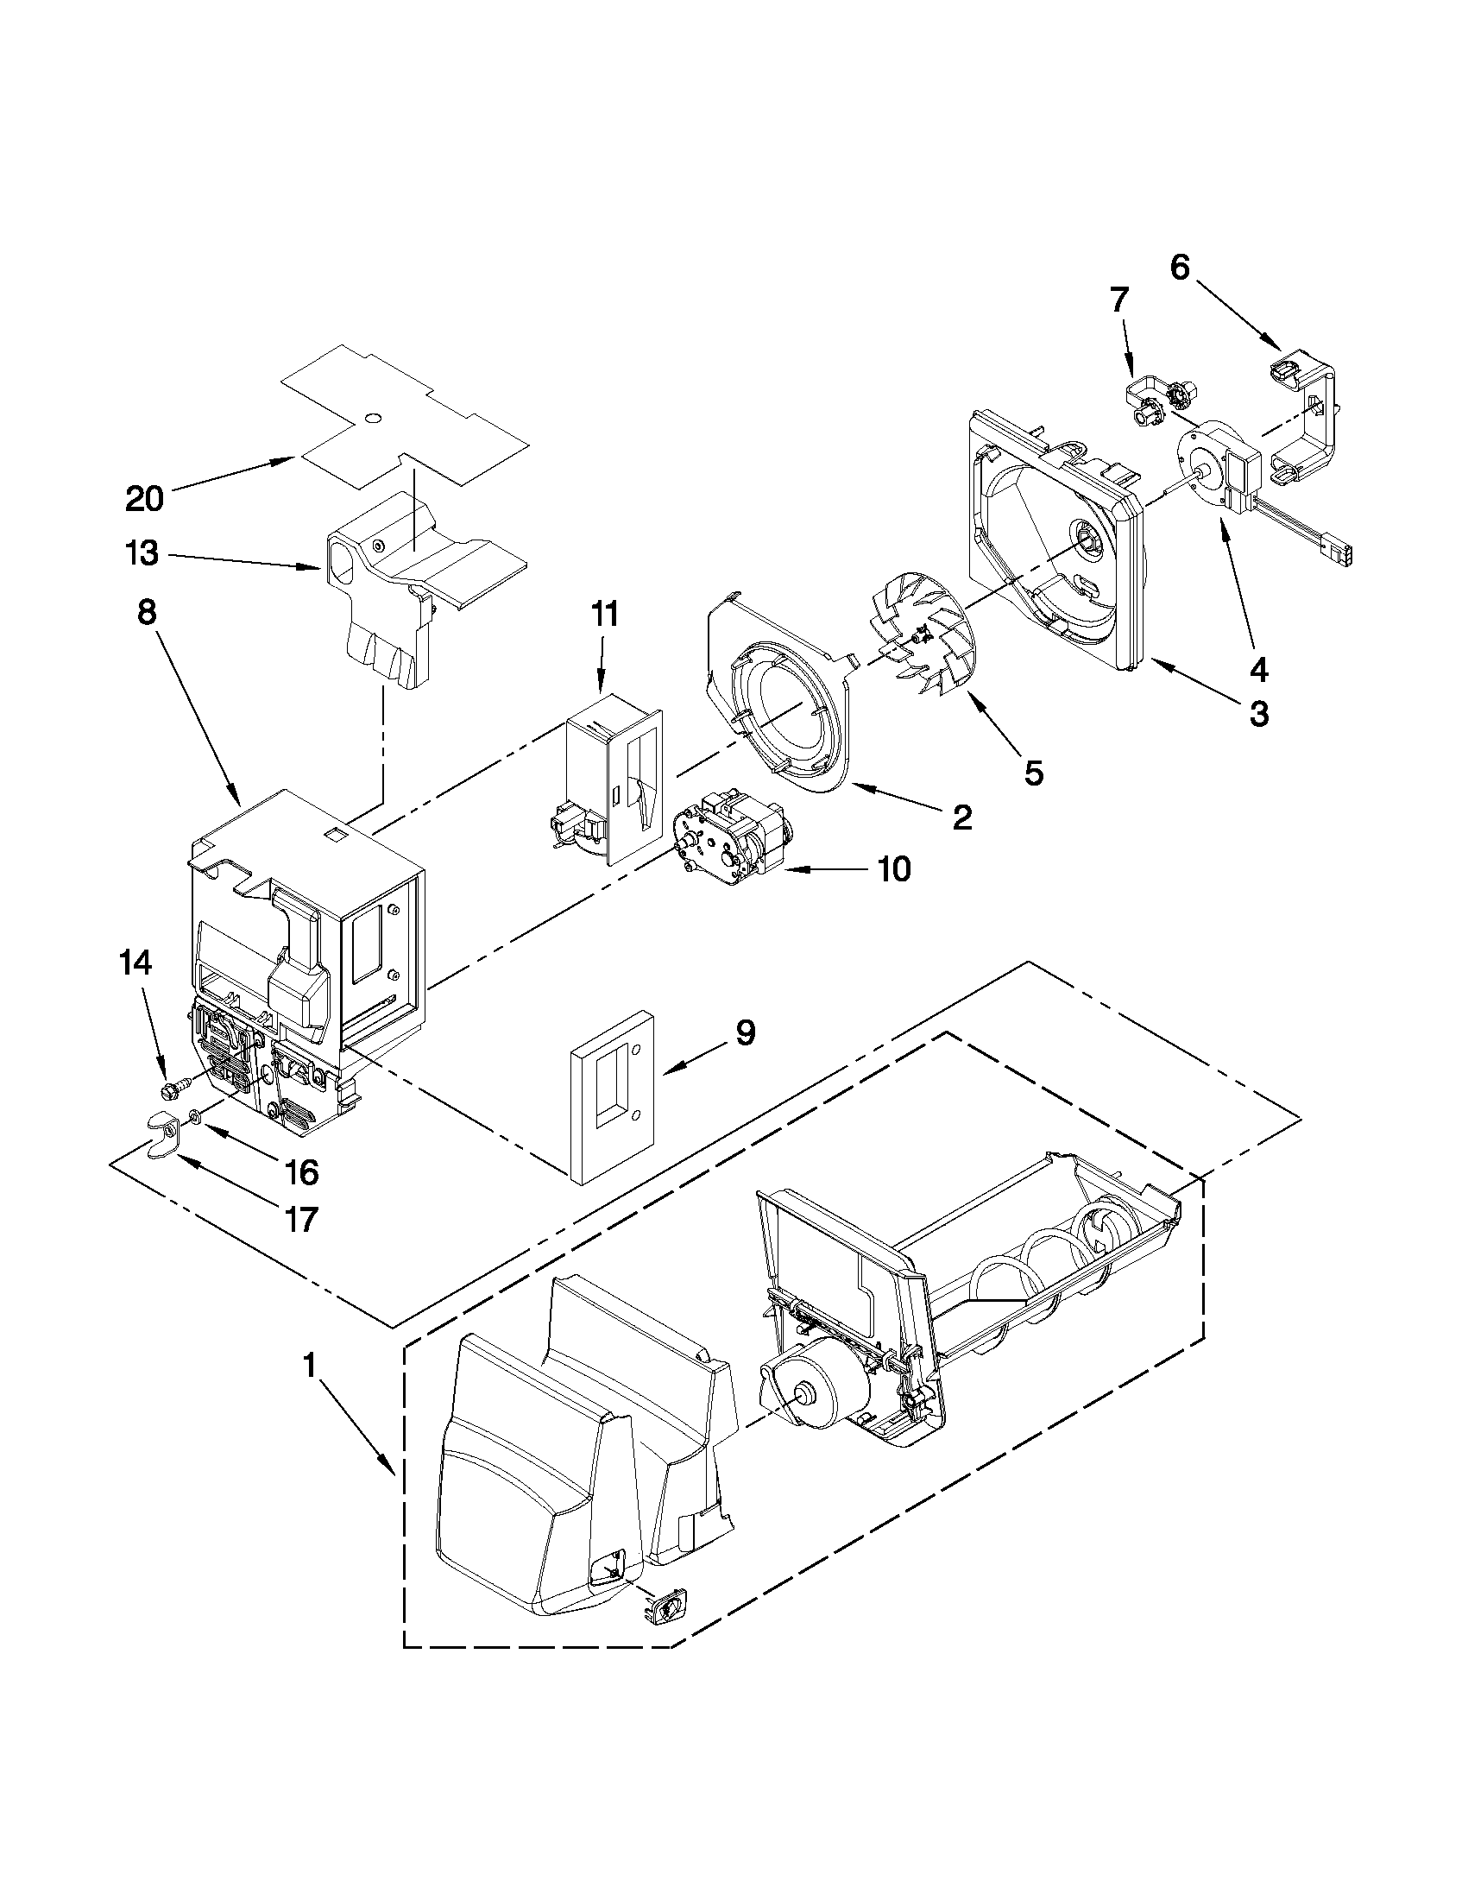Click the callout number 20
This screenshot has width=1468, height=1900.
(144, 499)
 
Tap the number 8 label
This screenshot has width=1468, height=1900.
(147, 613)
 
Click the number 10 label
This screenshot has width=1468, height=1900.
(895, 868)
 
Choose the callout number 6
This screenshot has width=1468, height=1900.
(1179, 268)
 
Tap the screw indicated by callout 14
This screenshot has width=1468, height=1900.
(173, 1088)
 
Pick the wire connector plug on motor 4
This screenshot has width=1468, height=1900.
(1337, 553)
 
